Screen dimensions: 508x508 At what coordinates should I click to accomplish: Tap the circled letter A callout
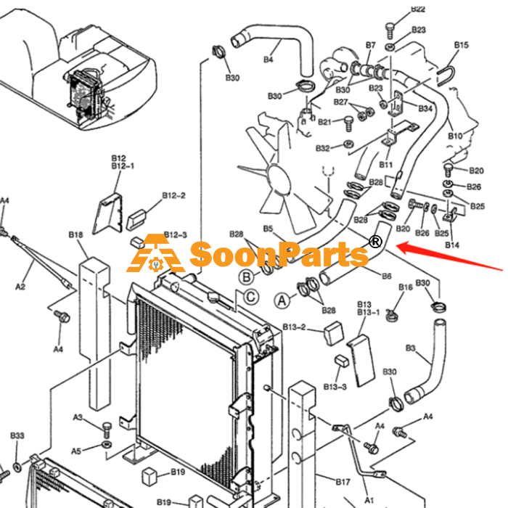point(282,300)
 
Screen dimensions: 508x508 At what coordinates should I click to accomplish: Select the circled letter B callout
point(247,277)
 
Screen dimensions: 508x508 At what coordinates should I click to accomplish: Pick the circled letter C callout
point(251,297)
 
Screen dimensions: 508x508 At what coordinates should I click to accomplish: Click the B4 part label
point(269,60)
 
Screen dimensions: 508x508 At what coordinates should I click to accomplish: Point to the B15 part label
point(461,45)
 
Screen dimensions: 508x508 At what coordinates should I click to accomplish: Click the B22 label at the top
point(418,9)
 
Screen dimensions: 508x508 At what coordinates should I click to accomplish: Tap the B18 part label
point(75,234)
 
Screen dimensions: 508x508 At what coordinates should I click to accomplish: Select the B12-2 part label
point(173,196)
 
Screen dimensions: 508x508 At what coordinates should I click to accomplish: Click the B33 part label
point(17,435)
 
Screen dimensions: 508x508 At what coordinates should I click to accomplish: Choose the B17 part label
point(343,482)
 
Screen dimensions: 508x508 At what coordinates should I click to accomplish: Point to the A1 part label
point(369,500)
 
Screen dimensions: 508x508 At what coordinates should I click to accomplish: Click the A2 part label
point(20,287)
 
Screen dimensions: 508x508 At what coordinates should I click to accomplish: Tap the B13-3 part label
point(335,387)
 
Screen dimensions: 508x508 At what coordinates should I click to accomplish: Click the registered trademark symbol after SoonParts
point(375,242)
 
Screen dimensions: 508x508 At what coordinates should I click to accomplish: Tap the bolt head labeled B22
point(390,27)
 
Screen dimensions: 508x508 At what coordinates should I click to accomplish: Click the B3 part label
point(411,348)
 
